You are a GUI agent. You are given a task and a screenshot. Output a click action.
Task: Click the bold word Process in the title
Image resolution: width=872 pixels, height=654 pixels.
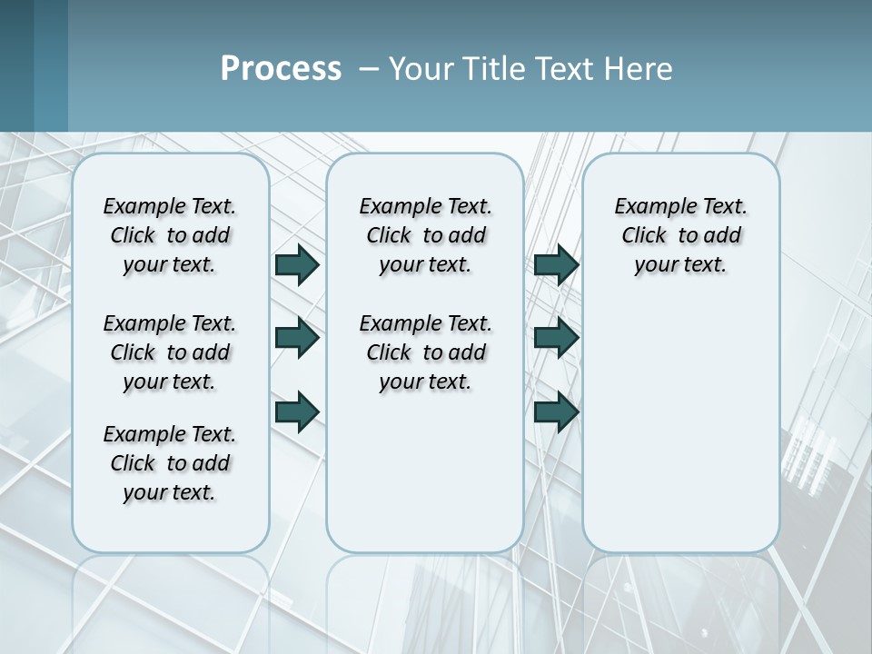point(281,68)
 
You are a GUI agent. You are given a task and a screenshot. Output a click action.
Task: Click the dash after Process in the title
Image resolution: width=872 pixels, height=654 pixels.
point(368,69)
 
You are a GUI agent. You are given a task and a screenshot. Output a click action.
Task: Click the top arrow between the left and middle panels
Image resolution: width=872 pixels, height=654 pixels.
point(297,265)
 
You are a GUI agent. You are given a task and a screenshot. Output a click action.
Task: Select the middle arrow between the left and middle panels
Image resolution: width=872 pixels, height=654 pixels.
point(297,338)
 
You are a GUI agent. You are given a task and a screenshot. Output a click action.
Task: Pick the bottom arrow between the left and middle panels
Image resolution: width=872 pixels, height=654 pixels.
point(297,411)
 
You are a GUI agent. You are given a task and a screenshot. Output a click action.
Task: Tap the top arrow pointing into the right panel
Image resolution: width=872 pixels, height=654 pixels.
point(557,265)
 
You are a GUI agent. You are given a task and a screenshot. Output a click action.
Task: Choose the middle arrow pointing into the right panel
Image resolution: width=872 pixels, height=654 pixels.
point(557,338)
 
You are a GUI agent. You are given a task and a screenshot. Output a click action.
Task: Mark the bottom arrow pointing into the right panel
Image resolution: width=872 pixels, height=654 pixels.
point(557,411)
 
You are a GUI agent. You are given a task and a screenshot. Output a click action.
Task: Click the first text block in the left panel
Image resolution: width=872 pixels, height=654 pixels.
point(170,235)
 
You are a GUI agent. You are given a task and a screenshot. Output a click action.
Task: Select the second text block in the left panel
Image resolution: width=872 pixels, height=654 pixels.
point(170,352)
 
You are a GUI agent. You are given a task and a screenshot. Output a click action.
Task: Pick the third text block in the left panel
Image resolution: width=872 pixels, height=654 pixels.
point(170,463)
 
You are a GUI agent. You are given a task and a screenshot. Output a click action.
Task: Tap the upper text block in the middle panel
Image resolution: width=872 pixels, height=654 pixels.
point(425,235)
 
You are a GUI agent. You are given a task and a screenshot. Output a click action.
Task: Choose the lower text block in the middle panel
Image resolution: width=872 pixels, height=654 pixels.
point(425,352)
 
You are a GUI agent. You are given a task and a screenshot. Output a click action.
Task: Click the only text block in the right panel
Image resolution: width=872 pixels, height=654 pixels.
point(680,235)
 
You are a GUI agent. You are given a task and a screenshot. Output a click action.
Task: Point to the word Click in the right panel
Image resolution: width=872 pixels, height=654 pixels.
point(644,236)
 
